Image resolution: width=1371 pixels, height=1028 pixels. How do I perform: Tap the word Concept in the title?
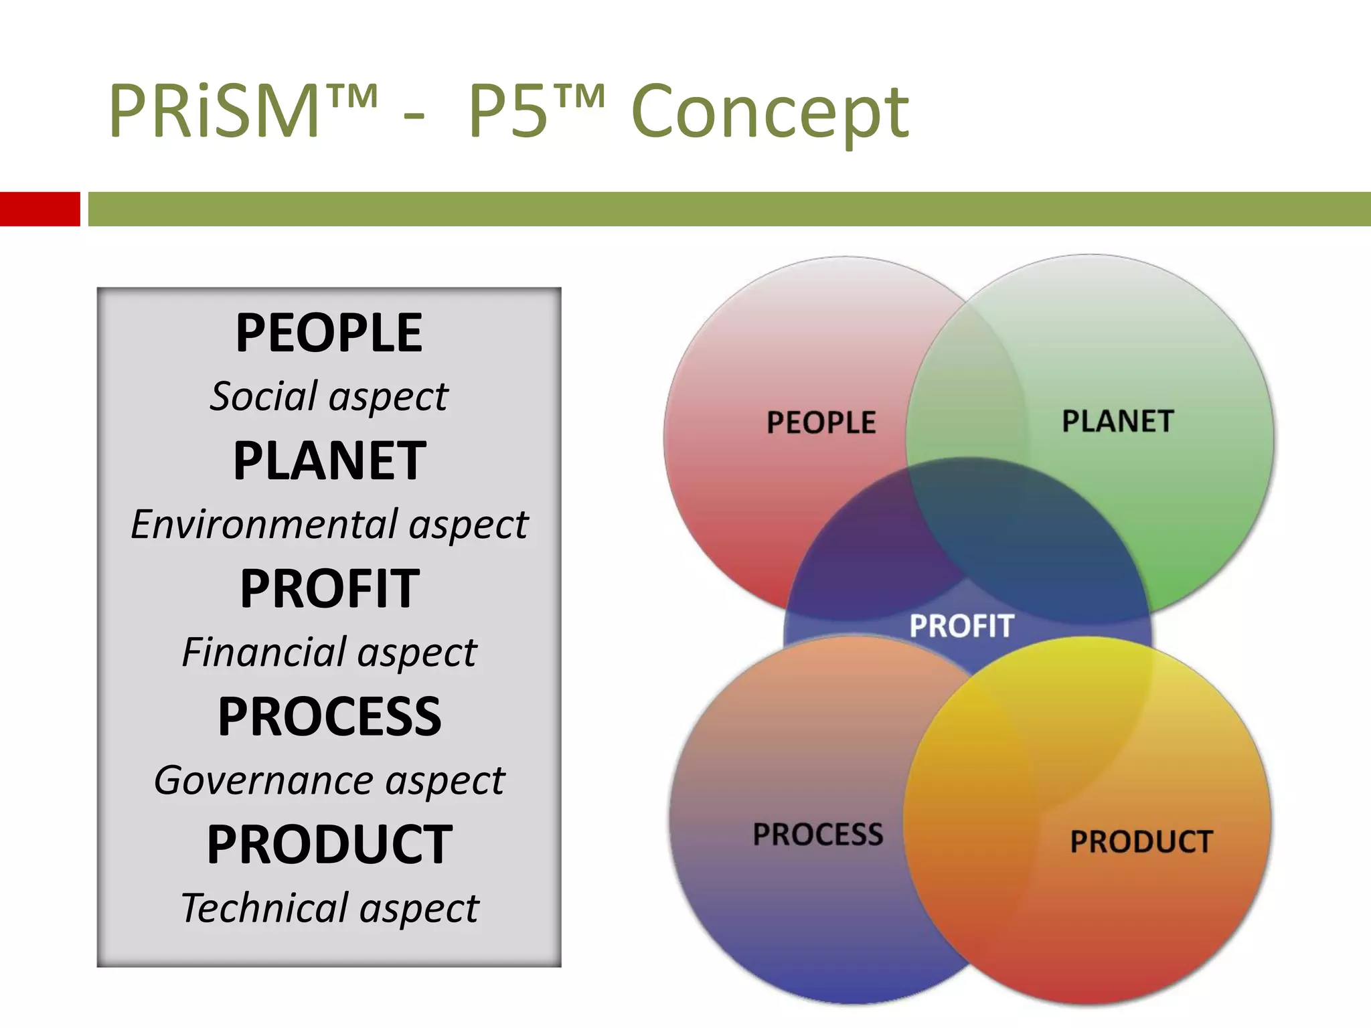(x=770, y=112)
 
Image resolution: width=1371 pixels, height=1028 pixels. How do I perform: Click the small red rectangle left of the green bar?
(x=39, y=209)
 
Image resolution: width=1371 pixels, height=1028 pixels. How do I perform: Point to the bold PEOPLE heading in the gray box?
(x=329, y=333)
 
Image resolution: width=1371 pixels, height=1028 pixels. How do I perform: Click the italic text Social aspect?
(x=329, y=396)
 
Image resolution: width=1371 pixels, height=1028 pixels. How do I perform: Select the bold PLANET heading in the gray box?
(x=329, y=460)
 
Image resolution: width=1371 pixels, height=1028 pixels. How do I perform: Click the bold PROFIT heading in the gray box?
(x=329, y=588)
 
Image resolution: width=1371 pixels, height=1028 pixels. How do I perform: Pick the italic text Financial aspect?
(x=329, y=652)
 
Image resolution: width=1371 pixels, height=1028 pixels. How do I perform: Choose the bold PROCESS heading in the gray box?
(x=329, y=716)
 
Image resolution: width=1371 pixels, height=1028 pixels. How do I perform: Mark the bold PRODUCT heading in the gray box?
(x=329, y=844)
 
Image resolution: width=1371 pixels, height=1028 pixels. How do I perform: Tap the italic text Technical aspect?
(x=329, y=908)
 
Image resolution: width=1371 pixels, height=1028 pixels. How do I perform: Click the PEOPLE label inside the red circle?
(x=821, y=422)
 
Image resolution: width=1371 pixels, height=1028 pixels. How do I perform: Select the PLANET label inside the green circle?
(x=1117, y=421)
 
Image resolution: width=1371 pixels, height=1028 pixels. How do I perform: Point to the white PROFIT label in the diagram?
(x=961, y=626)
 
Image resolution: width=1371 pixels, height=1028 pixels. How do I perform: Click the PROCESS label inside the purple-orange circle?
(x=817, y=834)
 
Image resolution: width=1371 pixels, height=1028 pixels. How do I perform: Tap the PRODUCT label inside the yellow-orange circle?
(x=1141, y=841)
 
